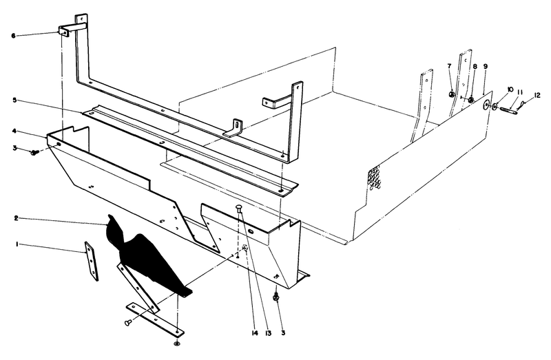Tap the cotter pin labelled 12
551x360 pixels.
tap(526, 105)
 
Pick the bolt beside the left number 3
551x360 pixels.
tap(34, 153)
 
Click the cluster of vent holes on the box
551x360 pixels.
tap(376, 178)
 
